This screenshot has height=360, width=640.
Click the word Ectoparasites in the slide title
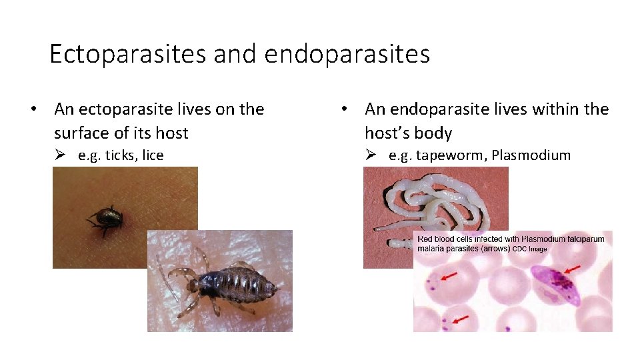point(128,54)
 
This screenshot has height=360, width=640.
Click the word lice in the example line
point(153,155)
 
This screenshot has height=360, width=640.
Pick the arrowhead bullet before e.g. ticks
point(60,155)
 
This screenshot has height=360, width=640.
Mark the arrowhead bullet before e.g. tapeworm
point(371,155)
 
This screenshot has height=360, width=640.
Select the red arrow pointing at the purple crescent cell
point(571,271)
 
